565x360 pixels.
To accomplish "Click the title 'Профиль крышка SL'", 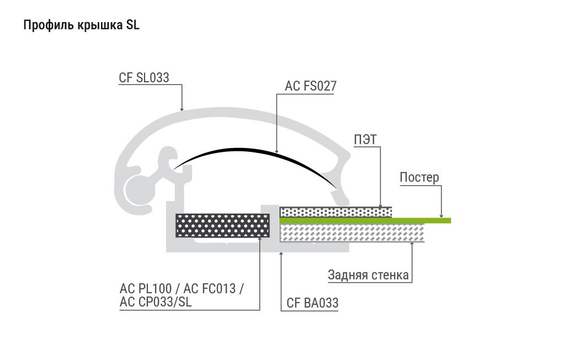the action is point(81,25).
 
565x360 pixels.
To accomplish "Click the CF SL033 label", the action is point(144,77).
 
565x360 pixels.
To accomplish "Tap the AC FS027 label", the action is point(311,86).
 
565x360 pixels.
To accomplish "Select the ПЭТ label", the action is point(365,139).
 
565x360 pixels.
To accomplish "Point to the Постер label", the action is point(419,177).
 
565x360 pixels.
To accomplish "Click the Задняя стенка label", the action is point(368,275).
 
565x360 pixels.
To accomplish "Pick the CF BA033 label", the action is point(312,303).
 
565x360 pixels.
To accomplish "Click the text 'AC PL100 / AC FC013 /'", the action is point(182,289).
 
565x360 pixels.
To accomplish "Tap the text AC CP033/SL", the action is point(156,302).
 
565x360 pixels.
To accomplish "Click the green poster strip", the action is point(365,220).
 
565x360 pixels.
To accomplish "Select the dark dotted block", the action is point(223,225).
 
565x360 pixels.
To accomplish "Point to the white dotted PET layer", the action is point(336,211).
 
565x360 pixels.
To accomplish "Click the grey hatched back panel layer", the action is point(352,232).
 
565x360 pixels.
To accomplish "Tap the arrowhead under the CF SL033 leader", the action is point(182,109).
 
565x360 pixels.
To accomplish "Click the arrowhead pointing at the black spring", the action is point(277,151).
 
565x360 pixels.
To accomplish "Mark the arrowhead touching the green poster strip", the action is point(441,215).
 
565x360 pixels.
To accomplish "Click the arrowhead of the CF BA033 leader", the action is point(281,255).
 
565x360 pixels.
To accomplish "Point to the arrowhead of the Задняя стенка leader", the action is point(412,245).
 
